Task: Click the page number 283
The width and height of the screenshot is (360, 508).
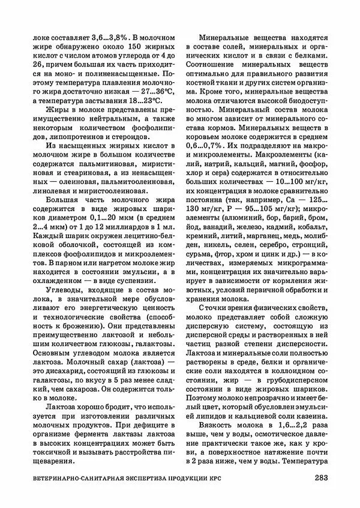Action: click(321, 478)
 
